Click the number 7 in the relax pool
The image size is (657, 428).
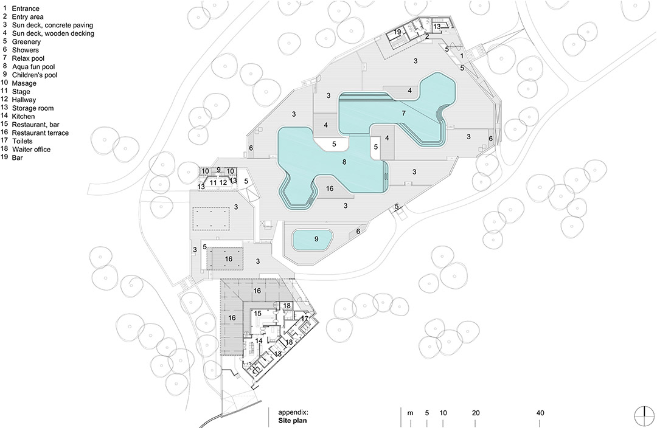point(403,113)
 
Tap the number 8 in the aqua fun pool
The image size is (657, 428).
point(344,162)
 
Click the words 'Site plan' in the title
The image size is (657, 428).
point(293,421)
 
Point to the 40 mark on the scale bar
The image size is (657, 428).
point(540,413)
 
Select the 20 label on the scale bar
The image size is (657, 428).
point(476,413)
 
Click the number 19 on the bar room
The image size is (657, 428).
point(397,32)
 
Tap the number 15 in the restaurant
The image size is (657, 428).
point(257,313)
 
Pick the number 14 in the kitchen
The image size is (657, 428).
point(259,341)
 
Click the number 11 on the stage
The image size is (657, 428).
point(214,182)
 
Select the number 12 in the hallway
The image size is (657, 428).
point(223,182)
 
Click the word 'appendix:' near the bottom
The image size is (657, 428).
point(293,412)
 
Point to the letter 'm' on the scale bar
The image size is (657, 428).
point(410,413)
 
